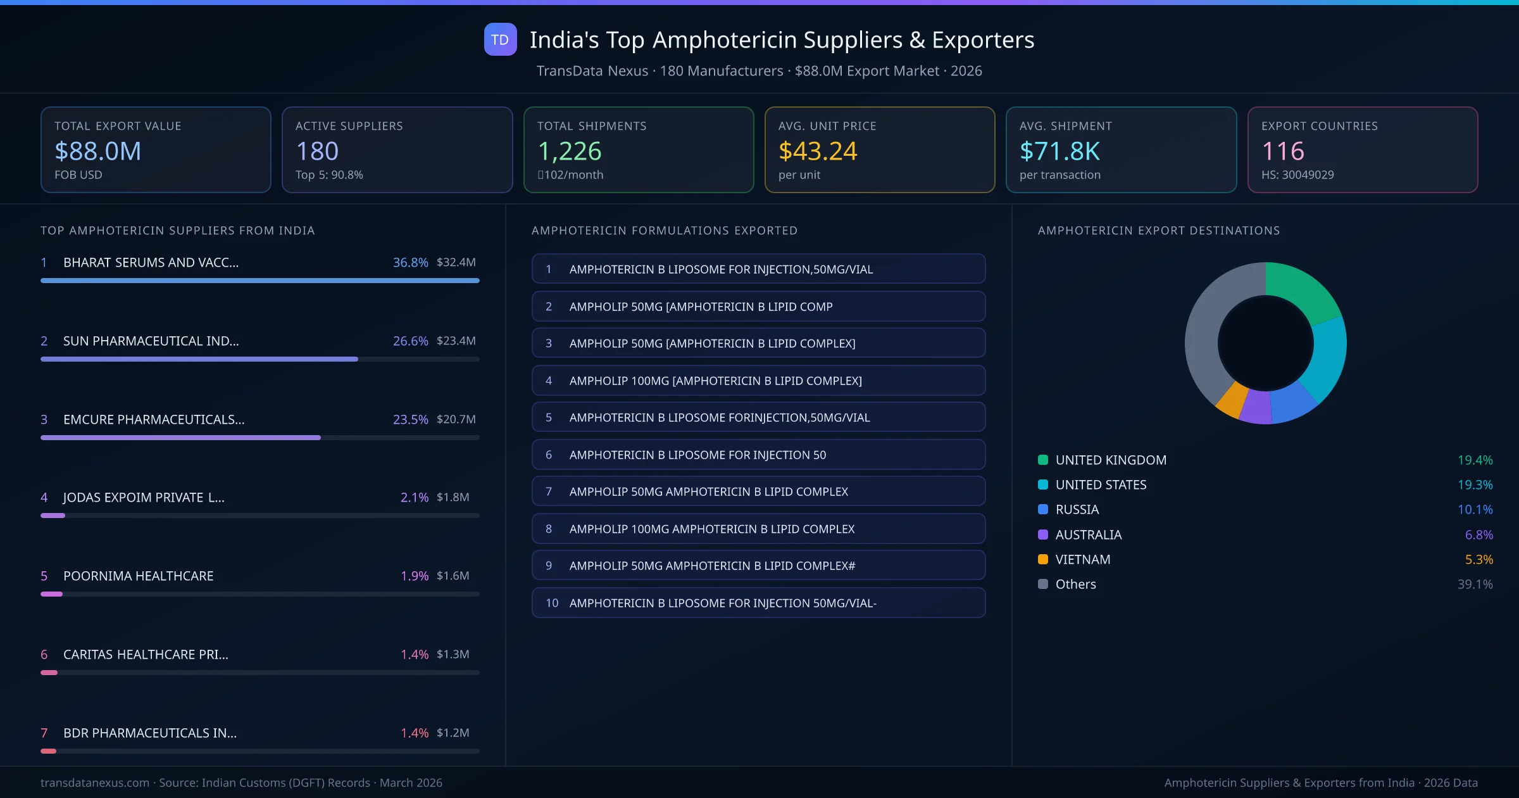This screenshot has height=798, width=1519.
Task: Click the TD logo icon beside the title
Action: [500, 39]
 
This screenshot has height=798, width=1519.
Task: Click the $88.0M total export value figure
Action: [98, 151]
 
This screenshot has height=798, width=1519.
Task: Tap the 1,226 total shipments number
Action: [569, 151]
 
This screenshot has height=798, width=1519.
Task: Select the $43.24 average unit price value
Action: [817, 151]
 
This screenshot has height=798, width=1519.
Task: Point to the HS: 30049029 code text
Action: [1297, 175]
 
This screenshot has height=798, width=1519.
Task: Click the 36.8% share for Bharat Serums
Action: [410, 262]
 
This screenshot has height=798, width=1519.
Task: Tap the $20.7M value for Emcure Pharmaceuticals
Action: [456, 419]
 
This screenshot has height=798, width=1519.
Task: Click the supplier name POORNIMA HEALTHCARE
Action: [138, 576]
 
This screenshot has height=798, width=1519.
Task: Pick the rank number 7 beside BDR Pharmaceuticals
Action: [44, 733]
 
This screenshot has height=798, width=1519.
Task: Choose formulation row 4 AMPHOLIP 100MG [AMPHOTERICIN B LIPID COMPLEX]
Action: [758, 381]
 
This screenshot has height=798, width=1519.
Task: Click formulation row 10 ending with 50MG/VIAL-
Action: [758, 603]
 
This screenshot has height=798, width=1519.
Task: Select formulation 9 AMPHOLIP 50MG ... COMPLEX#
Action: [758, 566]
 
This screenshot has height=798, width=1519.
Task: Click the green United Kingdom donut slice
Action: [1301, 288]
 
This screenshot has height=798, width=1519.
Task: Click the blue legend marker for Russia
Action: [1043, 509]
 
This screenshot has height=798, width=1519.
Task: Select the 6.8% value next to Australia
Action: [1478, 535]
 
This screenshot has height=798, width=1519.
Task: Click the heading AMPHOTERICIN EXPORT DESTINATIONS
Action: [1158, 231]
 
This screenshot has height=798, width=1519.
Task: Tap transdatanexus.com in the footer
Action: [95, 783]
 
